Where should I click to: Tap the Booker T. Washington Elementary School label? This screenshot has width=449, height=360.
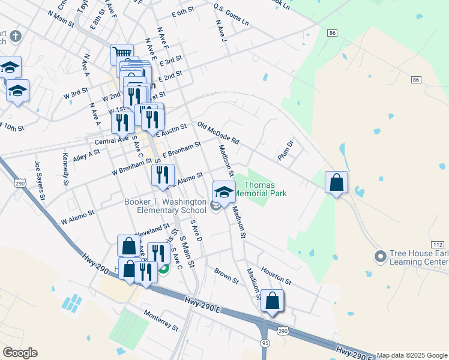click(x=164, y=206)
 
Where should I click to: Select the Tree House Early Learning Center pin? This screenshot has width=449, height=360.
click(x=379, y=257)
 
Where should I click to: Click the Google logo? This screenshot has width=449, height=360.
click(x=20, y=353)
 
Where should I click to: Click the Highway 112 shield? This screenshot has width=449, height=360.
click(x=438, y=244)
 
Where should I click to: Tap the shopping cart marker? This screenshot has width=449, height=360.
click(x=122, y=55)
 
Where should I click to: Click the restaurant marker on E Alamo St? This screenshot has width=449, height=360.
click(x=163, y=175)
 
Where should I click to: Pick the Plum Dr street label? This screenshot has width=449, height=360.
click(x=285, y=150)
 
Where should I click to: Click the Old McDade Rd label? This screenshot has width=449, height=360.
click(x=218, y=133)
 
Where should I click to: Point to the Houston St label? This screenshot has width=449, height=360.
click(x=276, y=276)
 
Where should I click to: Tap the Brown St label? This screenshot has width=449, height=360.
click(x=226, y=275)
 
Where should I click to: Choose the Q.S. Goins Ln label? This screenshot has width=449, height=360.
click(x=231, y=14)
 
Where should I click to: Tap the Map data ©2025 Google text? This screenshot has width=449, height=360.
click(x=412, y=355)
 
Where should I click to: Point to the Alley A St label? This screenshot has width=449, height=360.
click(x=86, y=155)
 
